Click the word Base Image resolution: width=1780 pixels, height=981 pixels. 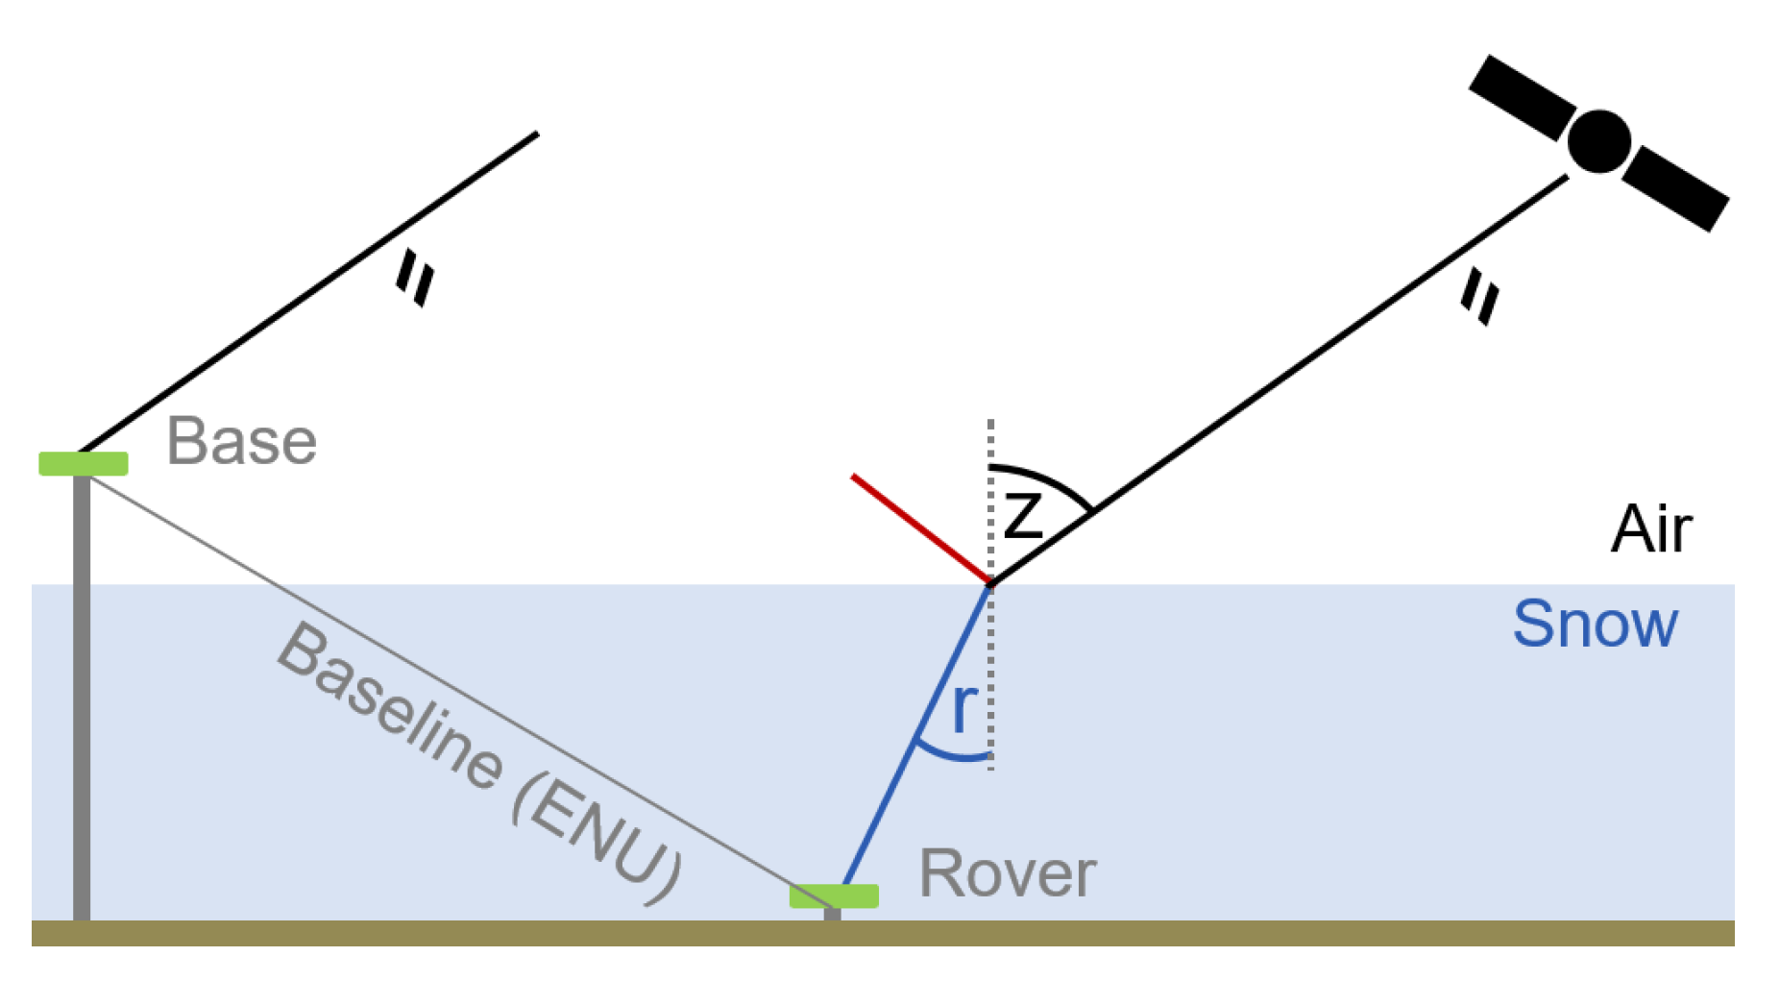241,442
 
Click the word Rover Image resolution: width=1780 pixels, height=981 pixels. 1007,873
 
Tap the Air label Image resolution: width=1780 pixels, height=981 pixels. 1651,529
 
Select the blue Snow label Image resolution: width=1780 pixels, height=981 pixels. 1595,625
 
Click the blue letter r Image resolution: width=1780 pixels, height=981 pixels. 963,708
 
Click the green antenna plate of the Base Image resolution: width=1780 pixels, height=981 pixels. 84,463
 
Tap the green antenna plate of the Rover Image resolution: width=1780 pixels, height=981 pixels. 834,895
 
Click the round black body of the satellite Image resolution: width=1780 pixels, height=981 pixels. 1598,142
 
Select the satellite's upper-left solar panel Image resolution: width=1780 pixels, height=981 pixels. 1522,97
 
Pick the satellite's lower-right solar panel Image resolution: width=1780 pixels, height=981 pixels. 1676,188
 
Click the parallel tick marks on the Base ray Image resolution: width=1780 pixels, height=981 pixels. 416,278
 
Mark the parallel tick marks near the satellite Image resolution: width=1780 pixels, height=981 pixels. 1479,298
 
